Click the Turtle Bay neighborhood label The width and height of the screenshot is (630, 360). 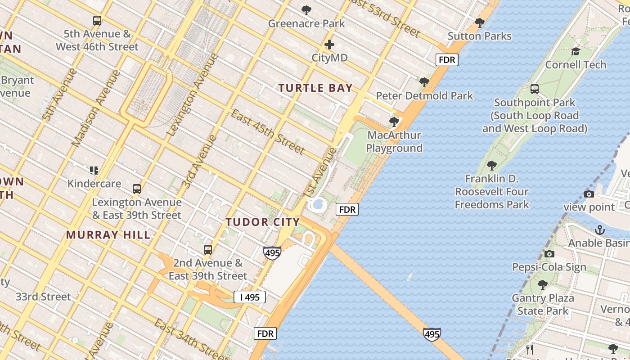[x=315, y=88]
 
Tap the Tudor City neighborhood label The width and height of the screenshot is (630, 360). [x=262, y=222]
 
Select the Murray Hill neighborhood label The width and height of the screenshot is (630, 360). [x=108, y=234]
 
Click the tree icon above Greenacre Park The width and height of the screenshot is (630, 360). [x=306, y=10]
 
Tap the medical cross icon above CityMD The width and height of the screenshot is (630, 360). [x=329, y=45]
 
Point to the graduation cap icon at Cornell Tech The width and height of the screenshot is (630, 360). [x=576, y=52]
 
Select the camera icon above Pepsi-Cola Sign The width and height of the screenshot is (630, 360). [x=549, y=254]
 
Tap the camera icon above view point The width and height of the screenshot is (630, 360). [x=589, y=194]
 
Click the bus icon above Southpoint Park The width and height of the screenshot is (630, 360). [x=535, y=89]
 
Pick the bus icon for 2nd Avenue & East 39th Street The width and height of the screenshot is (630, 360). [x=207, y=250]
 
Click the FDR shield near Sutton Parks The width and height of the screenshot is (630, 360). [x=447, y=59]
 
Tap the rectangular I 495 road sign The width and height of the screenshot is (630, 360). [x=250, y=297]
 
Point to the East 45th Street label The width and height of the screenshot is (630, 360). [x=268, y=131]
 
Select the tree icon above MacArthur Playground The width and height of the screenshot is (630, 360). [x=394, y=121]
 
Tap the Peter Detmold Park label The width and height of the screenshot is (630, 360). [x=424, y=96]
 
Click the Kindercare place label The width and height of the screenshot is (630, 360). [x=94, y=184]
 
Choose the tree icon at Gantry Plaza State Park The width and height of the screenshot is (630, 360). [x=542, y=285]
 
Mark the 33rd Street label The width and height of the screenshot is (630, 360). [x=43, y=297]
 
